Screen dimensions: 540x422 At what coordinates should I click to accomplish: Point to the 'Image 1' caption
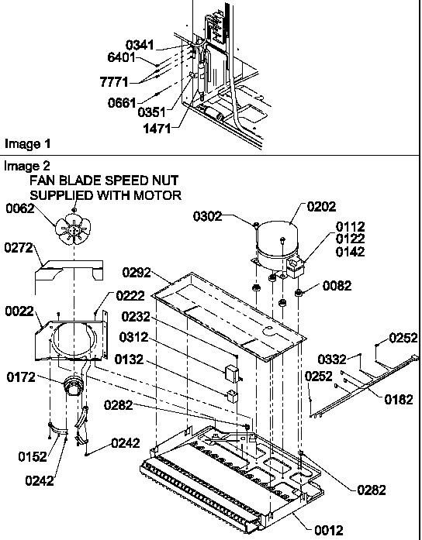point(27,144)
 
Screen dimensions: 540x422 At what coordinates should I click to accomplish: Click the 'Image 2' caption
point(27,166)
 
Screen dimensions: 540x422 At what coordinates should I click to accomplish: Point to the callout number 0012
point(328,530)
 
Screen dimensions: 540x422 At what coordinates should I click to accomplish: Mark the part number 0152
point(32,456)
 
